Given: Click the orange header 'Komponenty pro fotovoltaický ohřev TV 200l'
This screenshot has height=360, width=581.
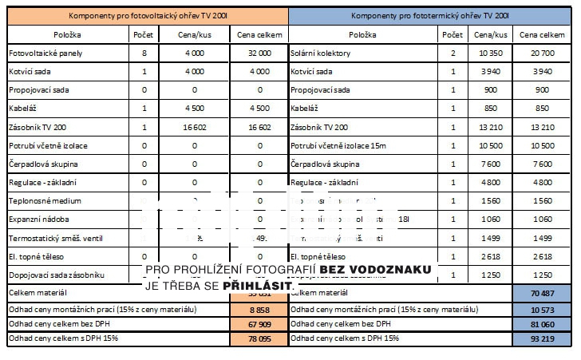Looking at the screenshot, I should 145,15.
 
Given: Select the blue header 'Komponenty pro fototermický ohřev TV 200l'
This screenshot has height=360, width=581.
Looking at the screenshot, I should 430,15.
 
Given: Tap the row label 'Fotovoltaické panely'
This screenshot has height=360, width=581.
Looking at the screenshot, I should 45,53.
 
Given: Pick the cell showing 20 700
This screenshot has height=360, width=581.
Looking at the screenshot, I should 542,53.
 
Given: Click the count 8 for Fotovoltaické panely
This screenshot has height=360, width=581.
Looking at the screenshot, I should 144,53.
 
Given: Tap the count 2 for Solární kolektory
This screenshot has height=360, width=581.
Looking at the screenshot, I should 452,53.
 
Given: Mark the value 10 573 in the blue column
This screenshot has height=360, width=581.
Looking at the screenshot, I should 542,309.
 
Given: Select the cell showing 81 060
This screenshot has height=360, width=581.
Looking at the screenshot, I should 542,324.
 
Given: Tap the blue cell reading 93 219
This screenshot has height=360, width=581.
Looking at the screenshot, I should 542,339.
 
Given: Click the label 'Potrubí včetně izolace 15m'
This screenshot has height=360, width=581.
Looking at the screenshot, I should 338,145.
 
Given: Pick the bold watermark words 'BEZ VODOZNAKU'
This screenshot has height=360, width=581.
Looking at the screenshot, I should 376,270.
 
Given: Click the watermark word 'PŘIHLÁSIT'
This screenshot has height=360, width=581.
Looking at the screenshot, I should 256,285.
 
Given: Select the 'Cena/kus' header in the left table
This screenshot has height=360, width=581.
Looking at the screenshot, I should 195,35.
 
